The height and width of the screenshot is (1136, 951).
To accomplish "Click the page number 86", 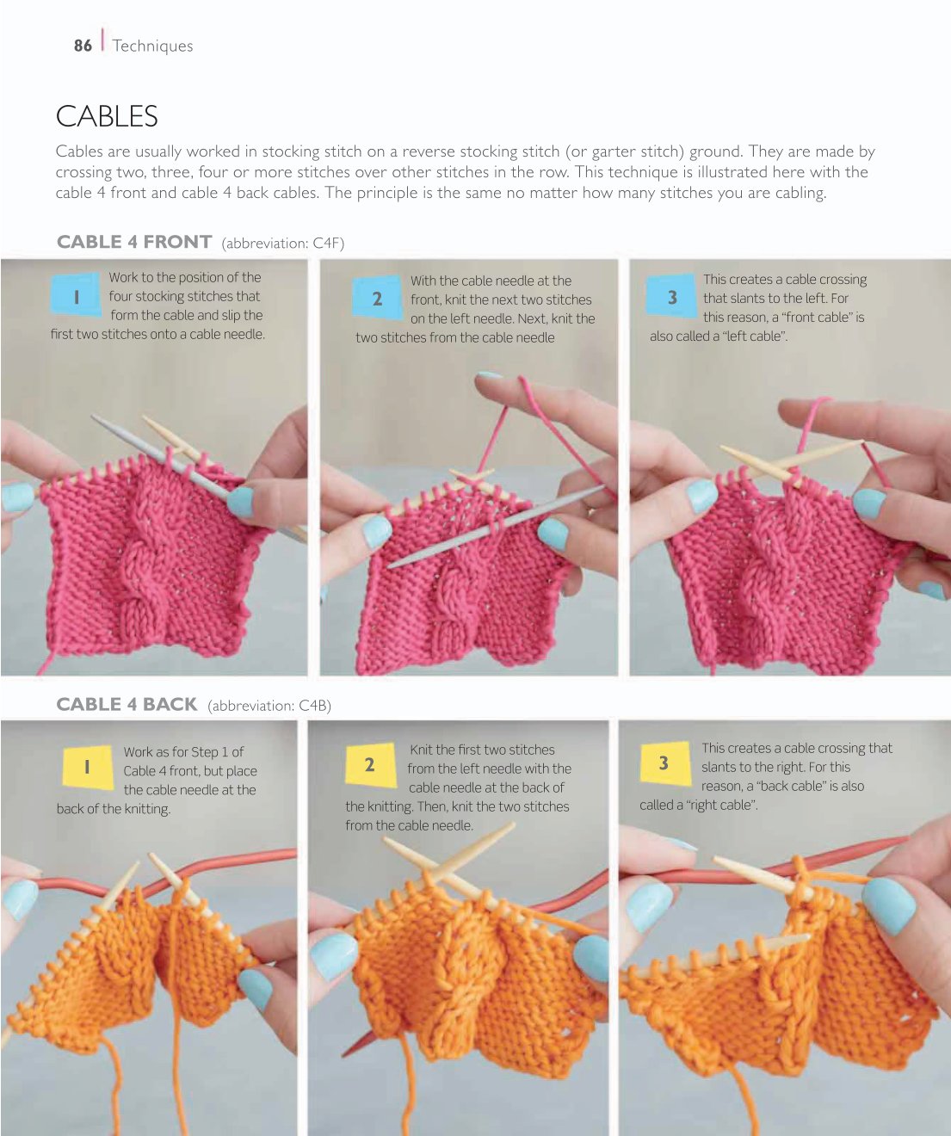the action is (x=83, y=45).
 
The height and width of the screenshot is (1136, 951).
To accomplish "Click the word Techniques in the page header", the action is (x=152, y=46).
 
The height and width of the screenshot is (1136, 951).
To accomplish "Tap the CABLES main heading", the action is (x=107, y=116).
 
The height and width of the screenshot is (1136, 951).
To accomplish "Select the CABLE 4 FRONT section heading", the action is (x=134, y=242).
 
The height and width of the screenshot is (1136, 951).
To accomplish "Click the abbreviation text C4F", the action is (x=328, y=243).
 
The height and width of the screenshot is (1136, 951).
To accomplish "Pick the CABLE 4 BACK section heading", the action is (x=127, y=704).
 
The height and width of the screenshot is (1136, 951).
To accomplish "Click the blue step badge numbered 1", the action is (x=76, y=294).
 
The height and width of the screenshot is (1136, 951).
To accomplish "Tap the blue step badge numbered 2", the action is (x=377, y=297).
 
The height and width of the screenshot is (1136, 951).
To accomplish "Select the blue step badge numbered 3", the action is (x=671, y=296).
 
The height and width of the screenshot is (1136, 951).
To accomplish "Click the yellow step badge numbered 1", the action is (x=87, y=767).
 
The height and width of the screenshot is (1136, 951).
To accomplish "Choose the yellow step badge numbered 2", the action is (x=370, y=764).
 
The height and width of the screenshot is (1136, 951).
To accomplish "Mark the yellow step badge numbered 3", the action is (x=664, y=763).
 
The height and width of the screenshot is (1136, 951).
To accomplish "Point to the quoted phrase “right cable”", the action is (x=722, y=805).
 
